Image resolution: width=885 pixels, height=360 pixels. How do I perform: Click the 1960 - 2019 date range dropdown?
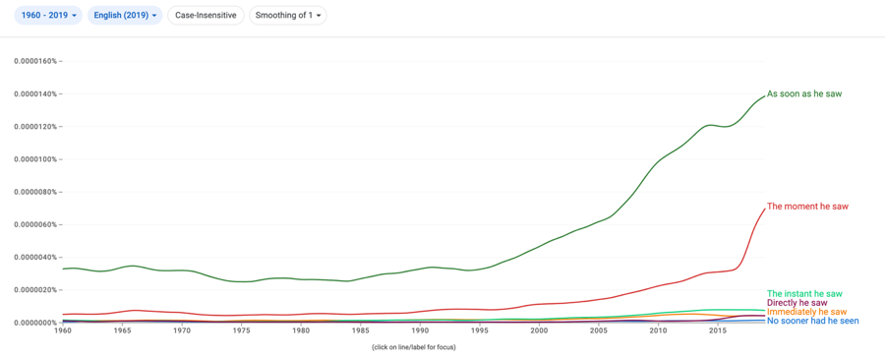[48, 15]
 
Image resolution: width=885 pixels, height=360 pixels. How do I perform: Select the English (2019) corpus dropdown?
[125, 15]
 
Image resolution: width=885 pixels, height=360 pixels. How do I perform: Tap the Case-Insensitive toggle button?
[206, 15]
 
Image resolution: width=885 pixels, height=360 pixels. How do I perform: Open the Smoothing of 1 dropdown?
[288, 15]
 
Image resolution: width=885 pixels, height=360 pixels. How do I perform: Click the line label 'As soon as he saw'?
[804, 93]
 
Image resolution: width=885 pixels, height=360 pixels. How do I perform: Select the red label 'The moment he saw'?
[807, 207]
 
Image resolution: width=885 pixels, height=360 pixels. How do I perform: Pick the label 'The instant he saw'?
[804, 293]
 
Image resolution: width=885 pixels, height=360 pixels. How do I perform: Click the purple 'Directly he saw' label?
[796, 303]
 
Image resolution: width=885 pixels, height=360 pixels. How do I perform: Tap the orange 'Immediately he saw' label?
[807, 312]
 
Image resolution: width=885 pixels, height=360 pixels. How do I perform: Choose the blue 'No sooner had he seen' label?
[813, 321]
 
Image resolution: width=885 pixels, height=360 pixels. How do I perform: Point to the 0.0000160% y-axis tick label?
[35, 61]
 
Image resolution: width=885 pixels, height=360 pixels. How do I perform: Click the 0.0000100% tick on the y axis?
[35, 159]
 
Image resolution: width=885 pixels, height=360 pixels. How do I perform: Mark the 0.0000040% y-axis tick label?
[35, 258]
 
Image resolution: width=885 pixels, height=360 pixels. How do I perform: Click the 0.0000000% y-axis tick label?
[35, 323]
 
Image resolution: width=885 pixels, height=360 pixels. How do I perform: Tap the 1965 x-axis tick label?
[122, 330]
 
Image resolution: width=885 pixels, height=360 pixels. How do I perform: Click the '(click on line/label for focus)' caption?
[414, 347]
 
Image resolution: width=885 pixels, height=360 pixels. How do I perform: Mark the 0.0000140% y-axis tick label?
[35, 93]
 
